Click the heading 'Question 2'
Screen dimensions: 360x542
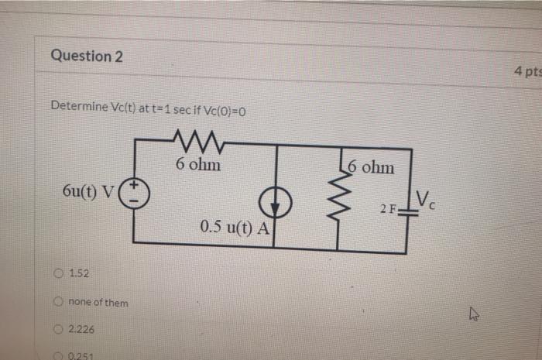[x=87, y=56]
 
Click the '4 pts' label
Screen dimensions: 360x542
[x=527, y=71]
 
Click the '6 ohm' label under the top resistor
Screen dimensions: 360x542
[x=197, y=165]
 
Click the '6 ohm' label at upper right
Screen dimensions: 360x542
[x=370, y=166]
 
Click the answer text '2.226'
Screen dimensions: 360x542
[x=81, y=330]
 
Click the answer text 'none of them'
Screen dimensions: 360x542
[x=98, y=302]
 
